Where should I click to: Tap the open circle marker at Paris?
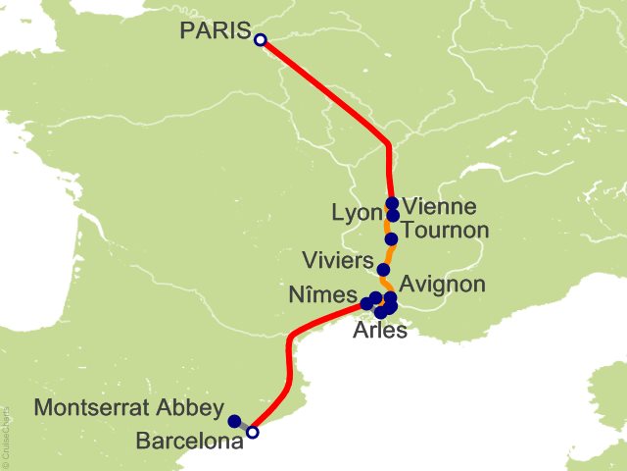(260, 40)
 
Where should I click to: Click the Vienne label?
(440, 207)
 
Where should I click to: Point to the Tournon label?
(445, 231)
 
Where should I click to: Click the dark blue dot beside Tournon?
(391, 238)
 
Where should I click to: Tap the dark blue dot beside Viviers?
(383, 270)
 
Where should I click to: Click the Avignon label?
(443, 285)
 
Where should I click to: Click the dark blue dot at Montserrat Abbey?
(234, 421)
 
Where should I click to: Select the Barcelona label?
(189, 442)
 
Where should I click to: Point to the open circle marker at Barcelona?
(253, 432)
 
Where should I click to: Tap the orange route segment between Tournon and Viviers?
(388, 254)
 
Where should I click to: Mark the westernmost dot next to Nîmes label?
(366, 304)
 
